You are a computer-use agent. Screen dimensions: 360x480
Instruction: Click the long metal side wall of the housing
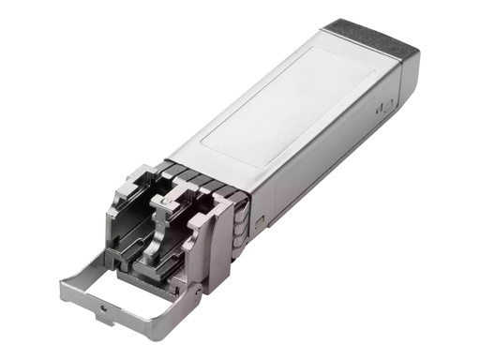[x=319, y=159]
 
